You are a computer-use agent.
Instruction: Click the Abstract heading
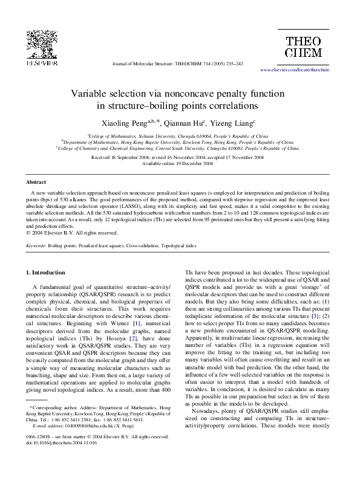click(x=36, y=182)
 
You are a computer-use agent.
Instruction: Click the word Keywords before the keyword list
click(x=36, y=246)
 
